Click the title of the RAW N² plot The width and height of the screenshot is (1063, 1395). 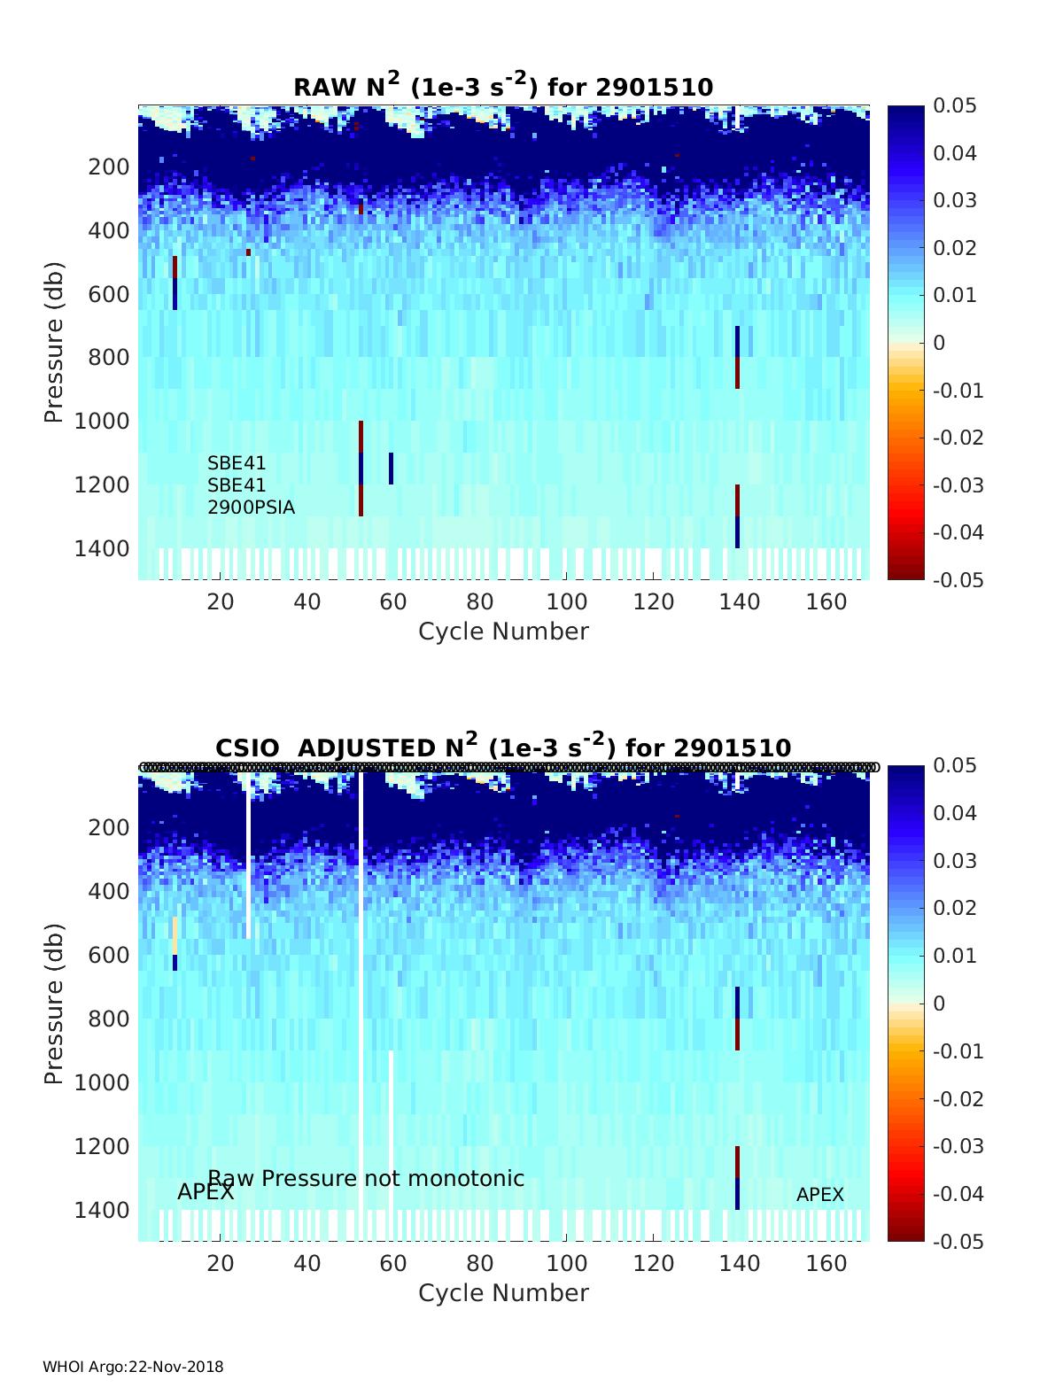(x=503, y=86)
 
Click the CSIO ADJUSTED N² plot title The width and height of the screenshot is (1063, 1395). (x=503, y=747)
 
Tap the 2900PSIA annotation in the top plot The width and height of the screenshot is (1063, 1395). (x=252, y=508)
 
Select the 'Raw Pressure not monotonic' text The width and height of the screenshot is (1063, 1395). (x=366, y=1178)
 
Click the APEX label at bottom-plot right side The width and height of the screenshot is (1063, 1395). (x=819, y=1195)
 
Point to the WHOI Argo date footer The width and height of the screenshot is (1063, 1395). (x=133, y=1367)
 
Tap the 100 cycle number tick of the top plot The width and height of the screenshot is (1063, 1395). (x=566, y=602)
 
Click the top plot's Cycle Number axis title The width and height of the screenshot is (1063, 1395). (x=503, y=632)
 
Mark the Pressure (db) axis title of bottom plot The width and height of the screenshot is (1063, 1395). (x=55, y=1004)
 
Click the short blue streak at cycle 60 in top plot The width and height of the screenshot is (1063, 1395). (x=391, y=469)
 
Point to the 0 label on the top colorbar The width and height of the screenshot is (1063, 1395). (x=940, y=343)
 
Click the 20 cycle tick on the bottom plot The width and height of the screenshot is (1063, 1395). (x=221, y=1264)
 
